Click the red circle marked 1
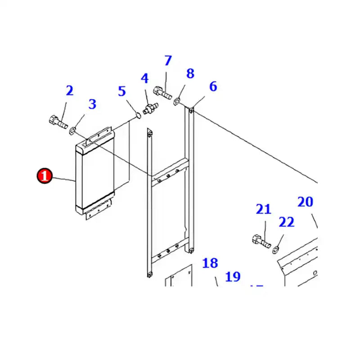pyautogui.click(x=44, y=176)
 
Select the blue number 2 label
pyautogui.click(x=69, y=90)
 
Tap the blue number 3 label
pyautogui.click(x=92, y=104)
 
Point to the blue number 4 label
pyautogui.click(x=144, y=79)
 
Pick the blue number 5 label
pyautogui.click(x=122, y=91)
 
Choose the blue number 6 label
pyautogui.click(x=213, y=86)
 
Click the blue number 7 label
pyautogui.click(x=168, y=61)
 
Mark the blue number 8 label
pyautogui.click(x=190, y=74)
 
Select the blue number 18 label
pyautogui.click(x=210, y=263)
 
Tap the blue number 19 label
pyautogui.click(x=233, y=277)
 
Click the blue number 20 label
pyautogui.click(x=305, y=202)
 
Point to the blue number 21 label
pyautogui.click(x=264, y=209)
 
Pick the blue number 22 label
pyautogui.click(x=286, y=222)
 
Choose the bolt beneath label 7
pyautogui.click(x=163, y=92)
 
